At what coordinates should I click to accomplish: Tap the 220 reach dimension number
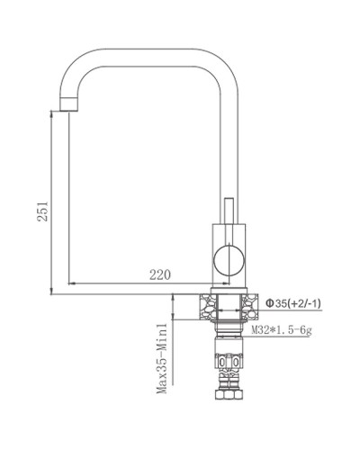point(158,274)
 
